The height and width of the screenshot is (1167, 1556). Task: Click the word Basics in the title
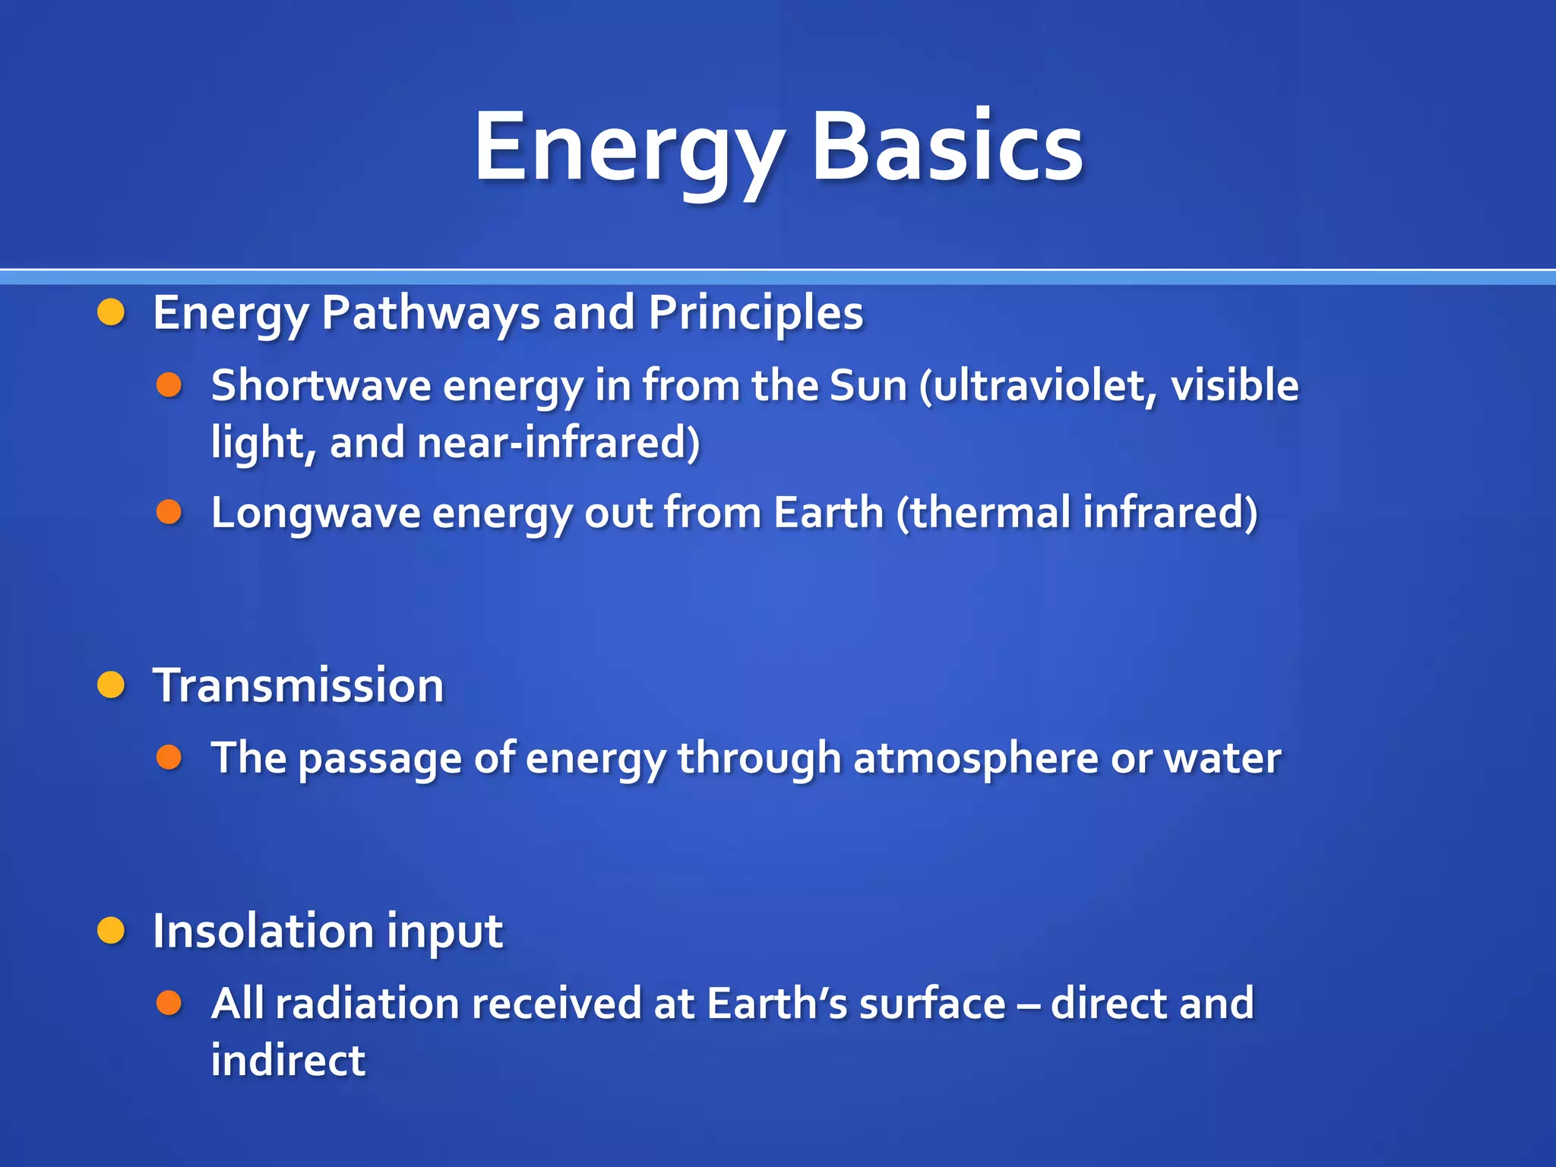tap(947, 146)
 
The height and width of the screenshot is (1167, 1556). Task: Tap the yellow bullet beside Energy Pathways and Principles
tap(111, 312)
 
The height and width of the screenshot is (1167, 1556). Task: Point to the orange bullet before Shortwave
tap(169, 385)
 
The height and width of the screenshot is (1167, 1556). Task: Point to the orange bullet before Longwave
tap(169, 512)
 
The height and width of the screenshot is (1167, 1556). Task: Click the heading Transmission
tap(298, 685)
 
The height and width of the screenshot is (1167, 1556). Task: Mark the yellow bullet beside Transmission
tap(111, 685)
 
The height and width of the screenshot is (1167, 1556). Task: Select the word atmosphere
tap(975, 758)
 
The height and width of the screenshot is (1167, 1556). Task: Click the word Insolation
tap(263, 931)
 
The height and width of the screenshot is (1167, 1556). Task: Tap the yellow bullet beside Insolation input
tap(111, 931)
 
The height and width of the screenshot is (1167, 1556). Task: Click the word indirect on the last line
tap(288, 1060)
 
